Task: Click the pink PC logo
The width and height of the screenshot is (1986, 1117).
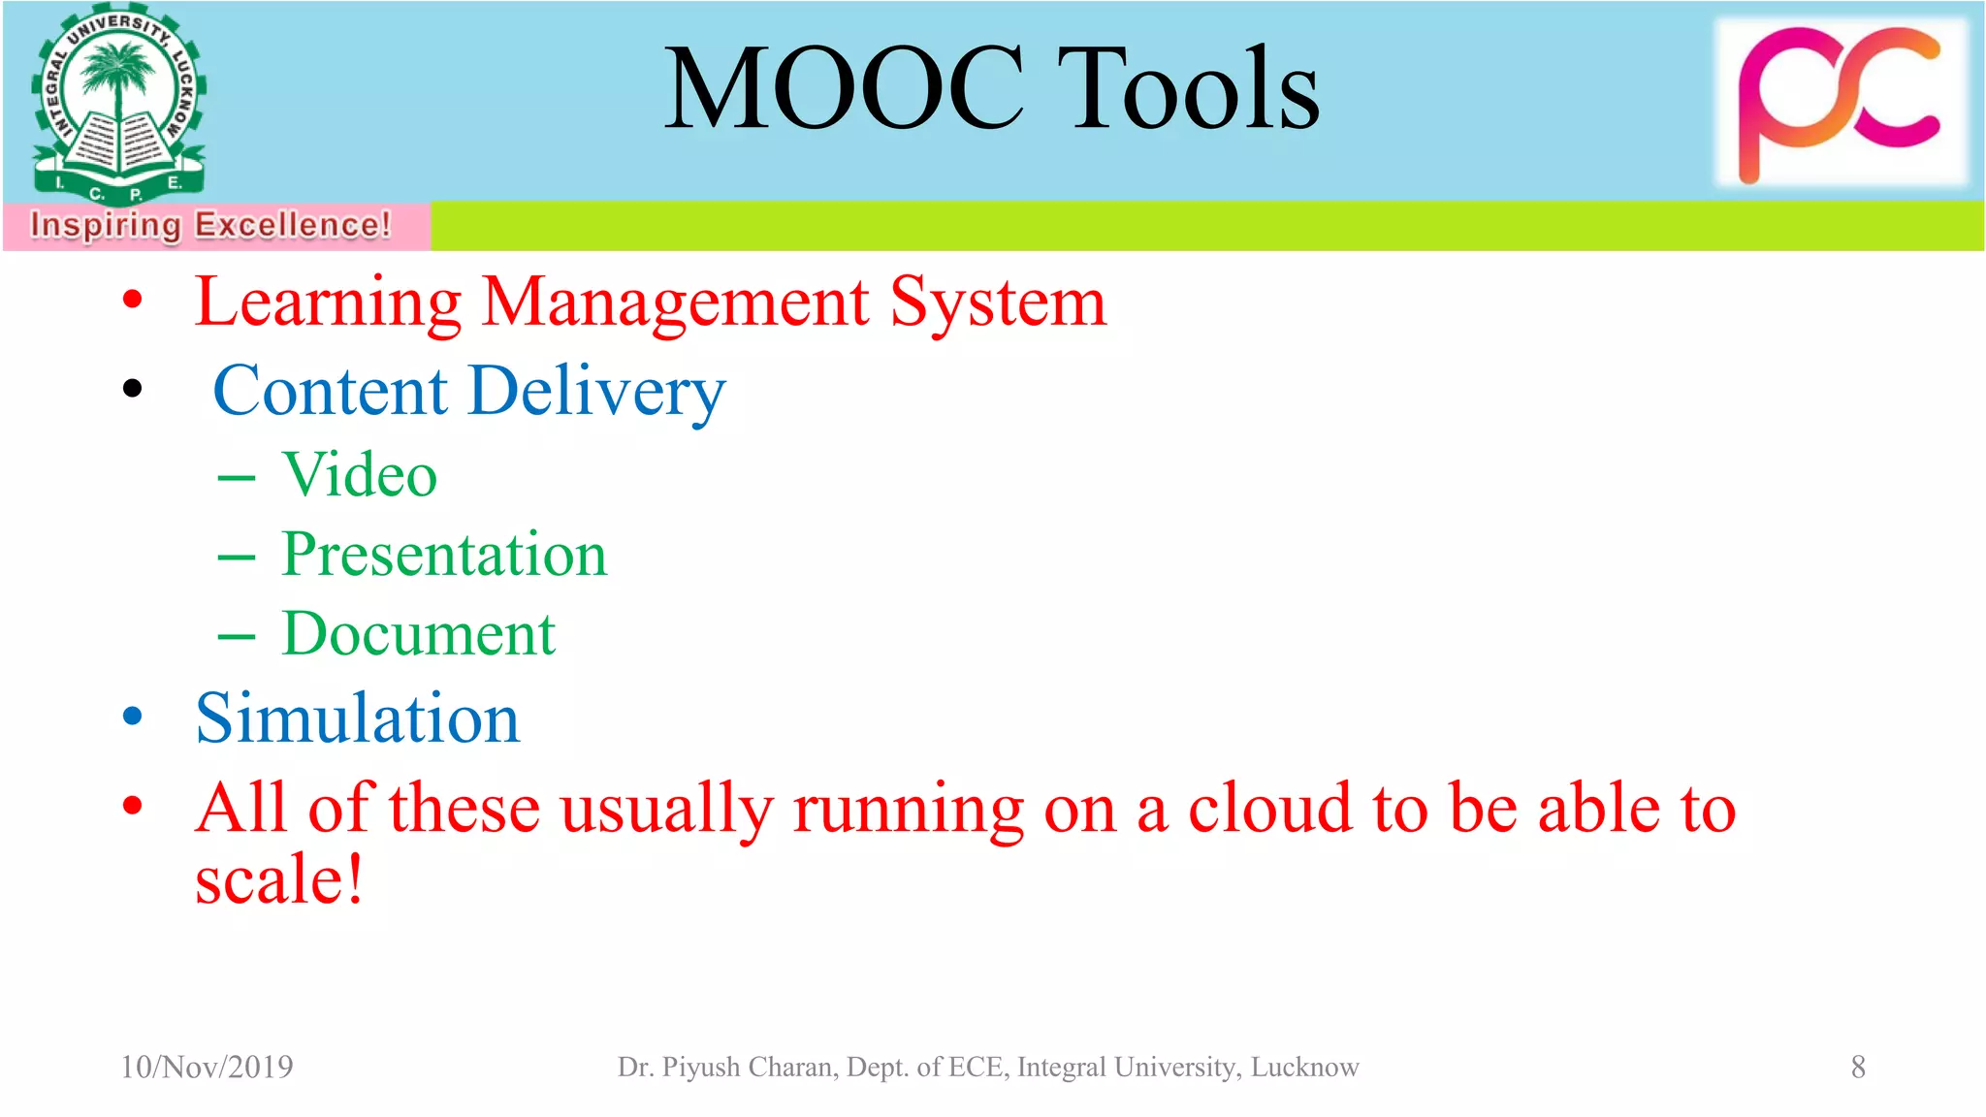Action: [1840, 102]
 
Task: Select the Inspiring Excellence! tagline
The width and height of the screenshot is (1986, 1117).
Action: [210, 225]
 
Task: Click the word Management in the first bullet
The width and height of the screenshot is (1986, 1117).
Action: [675, 302]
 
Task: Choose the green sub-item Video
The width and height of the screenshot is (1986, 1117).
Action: [359, 475]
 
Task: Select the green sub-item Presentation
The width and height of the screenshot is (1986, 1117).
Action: [443, 555]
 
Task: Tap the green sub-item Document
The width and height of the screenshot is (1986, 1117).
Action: [418, 634]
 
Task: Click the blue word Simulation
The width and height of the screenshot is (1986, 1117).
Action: [357, 719]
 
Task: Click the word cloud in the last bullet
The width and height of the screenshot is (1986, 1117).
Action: [1268, 808]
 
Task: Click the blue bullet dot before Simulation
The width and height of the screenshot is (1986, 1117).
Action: [133, 718]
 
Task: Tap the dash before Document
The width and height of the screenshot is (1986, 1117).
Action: [237, 637]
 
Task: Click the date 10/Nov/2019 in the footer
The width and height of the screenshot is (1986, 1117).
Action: [207, 1067]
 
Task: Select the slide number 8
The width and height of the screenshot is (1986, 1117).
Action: [1857, 1067]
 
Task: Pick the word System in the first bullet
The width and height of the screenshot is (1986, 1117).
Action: [998, 302]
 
